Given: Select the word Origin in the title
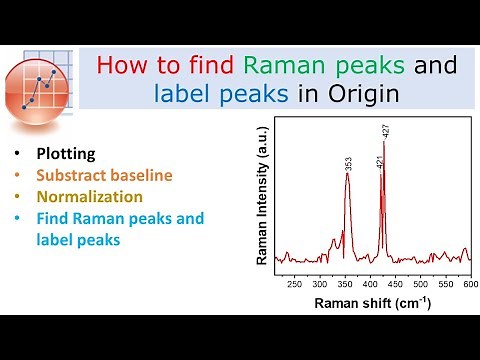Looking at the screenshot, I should [364, 94].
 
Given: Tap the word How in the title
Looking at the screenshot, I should [120, 67].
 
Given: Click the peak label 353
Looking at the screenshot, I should [348, 162].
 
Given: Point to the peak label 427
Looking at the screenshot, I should [385, 131].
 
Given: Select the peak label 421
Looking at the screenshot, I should [379, 161].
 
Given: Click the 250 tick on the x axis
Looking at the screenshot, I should [294, 284].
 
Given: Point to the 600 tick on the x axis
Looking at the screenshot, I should [470, 284].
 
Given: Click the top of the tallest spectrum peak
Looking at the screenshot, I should [384, 142].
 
